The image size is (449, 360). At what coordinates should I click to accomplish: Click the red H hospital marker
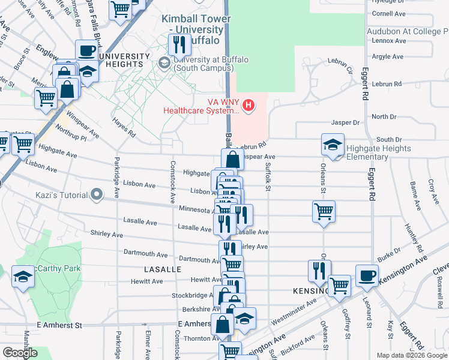pyautogui.click(x=248, y=106)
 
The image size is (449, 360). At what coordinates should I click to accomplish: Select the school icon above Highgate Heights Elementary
pyautogui.click(x=333, y=145)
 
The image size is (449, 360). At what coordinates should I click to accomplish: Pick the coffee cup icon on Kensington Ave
pyautogui.click(x=367, y=275)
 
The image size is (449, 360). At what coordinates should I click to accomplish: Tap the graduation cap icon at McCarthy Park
pyautogui.click(x=23, y=276)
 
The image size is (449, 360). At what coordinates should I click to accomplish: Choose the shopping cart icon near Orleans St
pyautogui.click(x=324, y=211)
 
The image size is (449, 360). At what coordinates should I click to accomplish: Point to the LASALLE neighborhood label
pyautogui.click(x=162, y=270)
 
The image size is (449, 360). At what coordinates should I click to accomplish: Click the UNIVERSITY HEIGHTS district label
pyautogui.click(x=123, y=61)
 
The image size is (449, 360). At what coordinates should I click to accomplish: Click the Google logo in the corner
pyautogui.click(x=20, y=353)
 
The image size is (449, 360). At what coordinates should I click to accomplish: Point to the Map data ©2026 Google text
pyautogui.click(x=411, y=355)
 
